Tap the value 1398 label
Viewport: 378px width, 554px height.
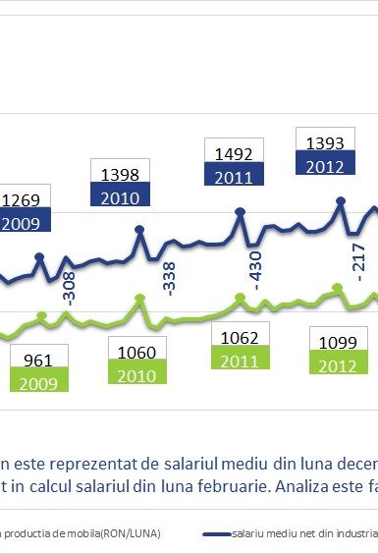click(x=119, y=173)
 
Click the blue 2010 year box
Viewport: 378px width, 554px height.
click(x=119, y=195)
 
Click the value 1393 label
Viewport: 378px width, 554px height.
click(x=325, y=143)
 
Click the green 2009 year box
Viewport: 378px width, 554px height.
click(x=38, y=382)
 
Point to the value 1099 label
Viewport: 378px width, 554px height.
click(x=338, y=344)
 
